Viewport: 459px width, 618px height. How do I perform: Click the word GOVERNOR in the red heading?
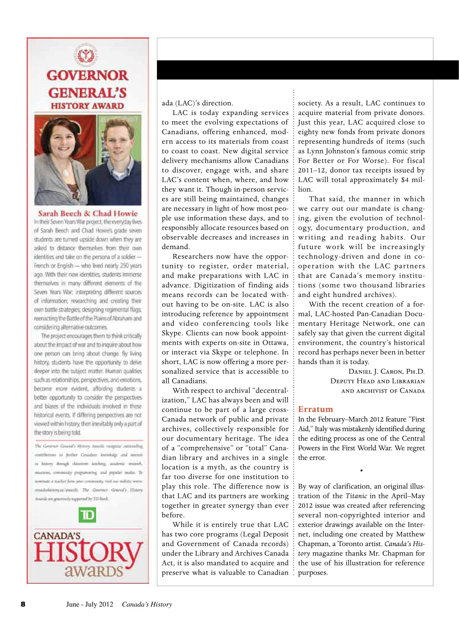[88, 76]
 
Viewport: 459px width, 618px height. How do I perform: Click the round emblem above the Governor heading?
[88, 55]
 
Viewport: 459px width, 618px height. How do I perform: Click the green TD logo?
[88, 516]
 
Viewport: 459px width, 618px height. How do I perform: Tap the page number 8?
[22, 604]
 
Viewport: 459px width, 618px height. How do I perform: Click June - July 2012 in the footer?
[89, 604]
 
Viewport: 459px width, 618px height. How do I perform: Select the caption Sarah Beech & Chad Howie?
[88, 213]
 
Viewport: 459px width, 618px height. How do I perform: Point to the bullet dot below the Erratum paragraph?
[362, 470]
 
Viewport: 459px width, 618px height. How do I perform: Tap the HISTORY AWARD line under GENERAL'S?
[88, 106]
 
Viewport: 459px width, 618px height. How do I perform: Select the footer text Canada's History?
[147, 604]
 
